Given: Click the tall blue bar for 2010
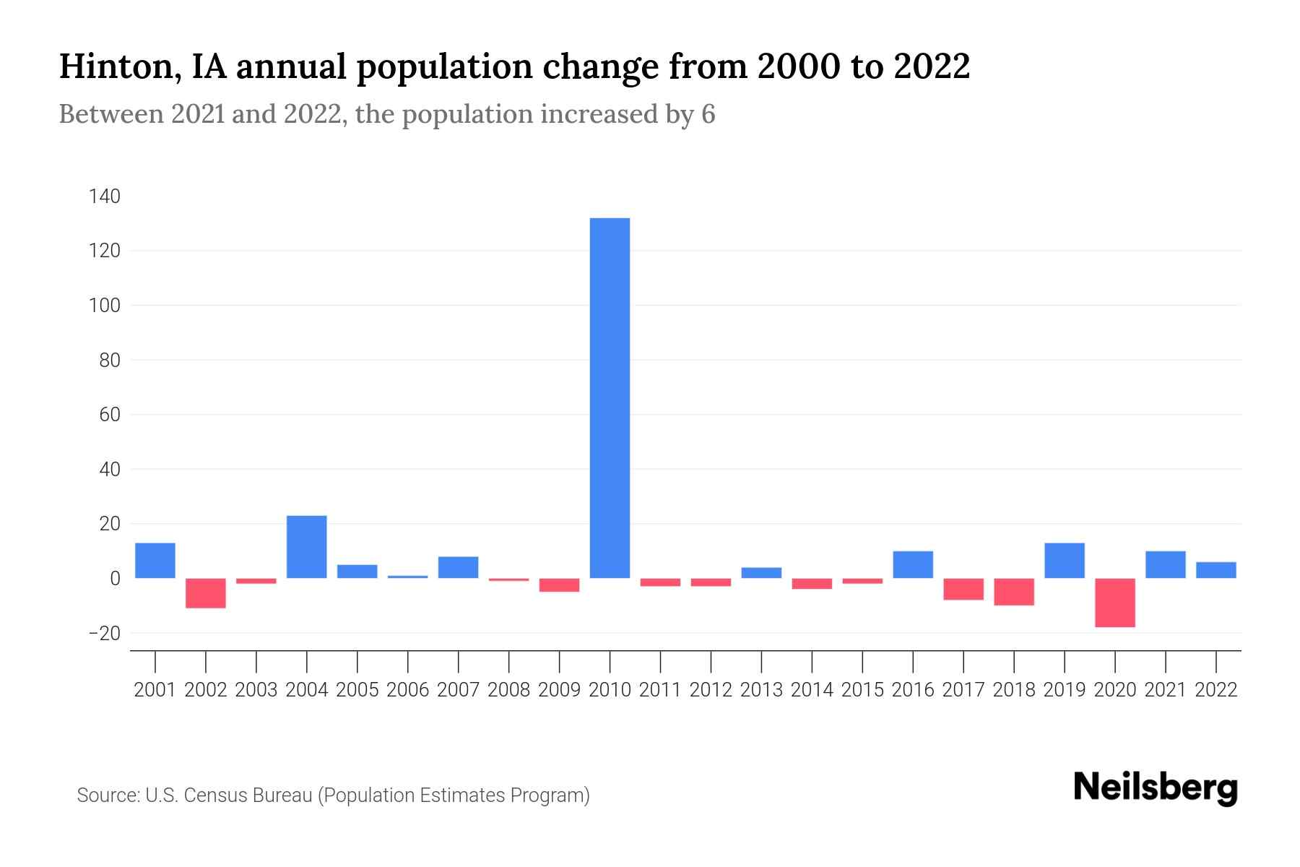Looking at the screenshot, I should pyautogui.click(x=610, y=397).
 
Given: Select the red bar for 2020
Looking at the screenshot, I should pyautogui.click(x=1115, y=603).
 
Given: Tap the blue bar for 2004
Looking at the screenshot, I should pyautogui.click(x=306, y=547).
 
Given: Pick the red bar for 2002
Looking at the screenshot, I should pyautogui.click(x=206, y=593).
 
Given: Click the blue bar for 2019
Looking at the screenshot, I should pyautogui.click(x=1065, y=561).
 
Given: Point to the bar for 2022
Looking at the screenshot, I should pyautogui.click(x=1216, y=570).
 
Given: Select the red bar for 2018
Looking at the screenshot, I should pyautogui.click(x=1014, y=592).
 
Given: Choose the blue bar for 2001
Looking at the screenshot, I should pyautogui.click(x=155, y=561).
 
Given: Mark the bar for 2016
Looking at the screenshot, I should pyautogui.click(x=913, y=565).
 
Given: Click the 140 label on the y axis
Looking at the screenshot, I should pyautogui.click(x=105, y=197).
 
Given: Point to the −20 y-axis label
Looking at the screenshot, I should pyautogui.click(x=103, y=634).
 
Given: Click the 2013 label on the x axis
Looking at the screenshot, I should pyautogui.click(x=761, y=690).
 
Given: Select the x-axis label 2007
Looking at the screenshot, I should pyautogui.click(x=458, y=690).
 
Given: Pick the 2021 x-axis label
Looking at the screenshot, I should pyautogui.click(x=1166, y=690).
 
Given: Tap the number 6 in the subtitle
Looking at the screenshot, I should pyautogui.click(x=708, y=114).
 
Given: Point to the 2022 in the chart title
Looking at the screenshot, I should pyautogui.click(x=932, y=66).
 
